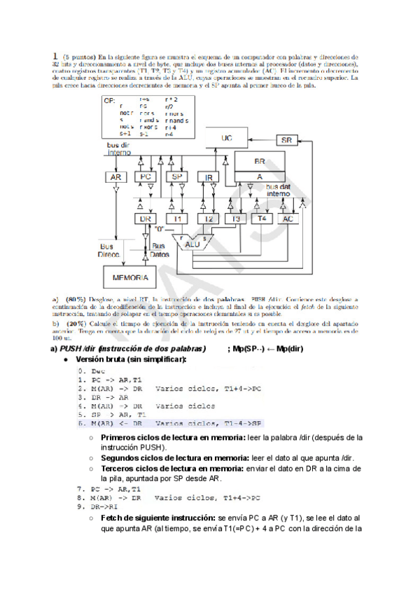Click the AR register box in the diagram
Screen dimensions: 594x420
(116, 177)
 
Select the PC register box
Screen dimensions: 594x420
(146, 177)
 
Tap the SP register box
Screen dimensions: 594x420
(177, 177)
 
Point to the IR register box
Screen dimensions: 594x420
(209, 177)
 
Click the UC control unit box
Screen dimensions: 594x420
(226, 138)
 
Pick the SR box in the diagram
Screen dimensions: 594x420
(286, 139)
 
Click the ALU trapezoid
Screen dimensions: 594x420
(183, 242)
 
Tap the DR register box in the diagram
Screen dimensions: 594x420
(146, 219)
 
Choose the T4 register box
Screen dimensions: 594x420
(262, 219)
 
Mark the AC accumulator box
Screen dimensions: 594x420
(287, 219)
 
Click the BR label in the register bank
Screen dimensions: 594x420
(260, 160)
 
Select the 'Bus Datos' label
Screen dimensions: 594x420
(160, 251)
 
